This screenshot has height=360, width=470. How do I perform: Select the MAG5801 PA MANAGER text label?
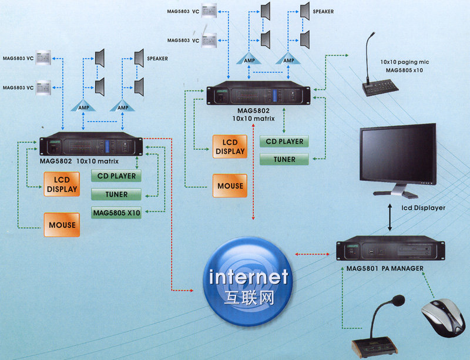coord(381,268)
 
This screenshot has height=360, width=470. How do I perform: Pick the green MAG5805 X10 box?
coord(116,213)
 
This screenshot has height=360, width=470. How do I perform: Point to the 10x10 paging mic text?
coord(404,61)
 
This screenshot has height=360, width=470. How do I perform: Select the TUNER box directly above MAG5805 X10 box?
coord(116,194)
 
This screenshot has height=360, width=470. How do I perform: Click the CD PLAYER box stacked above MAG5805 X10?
coord(116,176)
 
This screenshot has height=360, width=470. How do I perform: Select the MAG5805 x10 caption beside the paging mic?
coord(404,70)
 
